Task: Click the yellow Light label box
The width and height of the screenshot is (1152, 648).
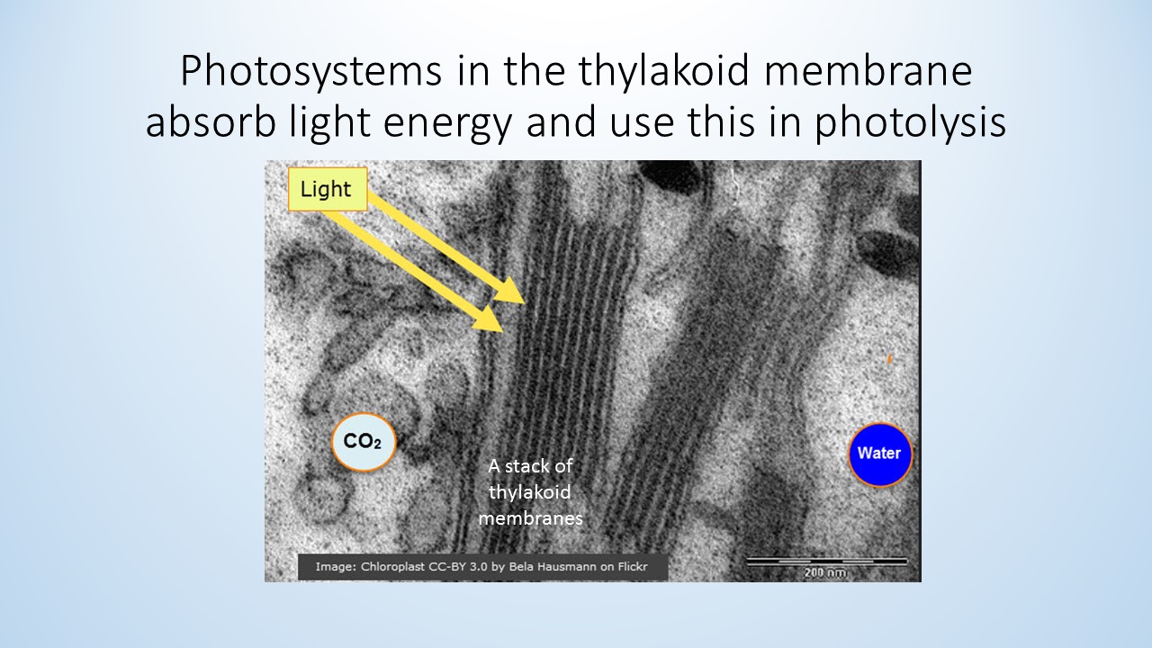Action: coord(328,189)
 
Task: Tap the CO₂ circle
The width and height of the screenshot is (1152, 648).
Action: coord(364,442)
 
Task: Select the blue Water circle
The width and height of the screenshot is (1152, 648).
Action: coord(880,454)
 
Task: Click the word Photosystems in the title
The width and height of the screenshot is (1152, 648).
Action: coord(311,71)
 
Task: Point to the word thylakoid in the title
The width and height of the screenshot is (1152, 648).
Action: coord(664,71)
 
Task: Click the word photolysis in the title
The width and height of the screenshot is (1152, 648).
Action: coord(910,122)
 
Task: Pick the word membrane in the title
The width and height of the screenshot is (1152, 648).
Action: coord(868,70)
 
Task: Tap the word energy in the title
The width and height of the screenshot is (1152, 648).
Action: coord(447,124)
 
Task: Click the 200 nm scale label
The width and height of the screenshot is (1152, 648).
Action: coord(825,572)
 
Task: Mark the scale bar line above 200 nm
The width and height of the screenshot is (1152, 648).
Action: coord(826,561)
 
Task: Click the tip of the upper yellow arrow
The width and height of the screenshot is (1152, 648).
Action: coord(525,303)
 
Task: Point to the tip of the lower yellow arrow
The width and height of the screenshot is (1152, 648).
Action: coord(503,332)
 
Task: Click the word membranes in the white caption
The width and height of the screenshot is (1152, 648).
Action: coord(531,517)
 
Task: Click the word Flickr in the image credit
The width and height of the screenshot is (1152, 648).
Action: coord(633,567)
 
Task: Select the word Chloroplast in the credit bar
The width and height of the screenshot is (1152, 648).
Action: coord(393,567)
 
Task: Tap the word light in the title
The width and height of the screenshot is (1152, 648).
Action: coord(329,123)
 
